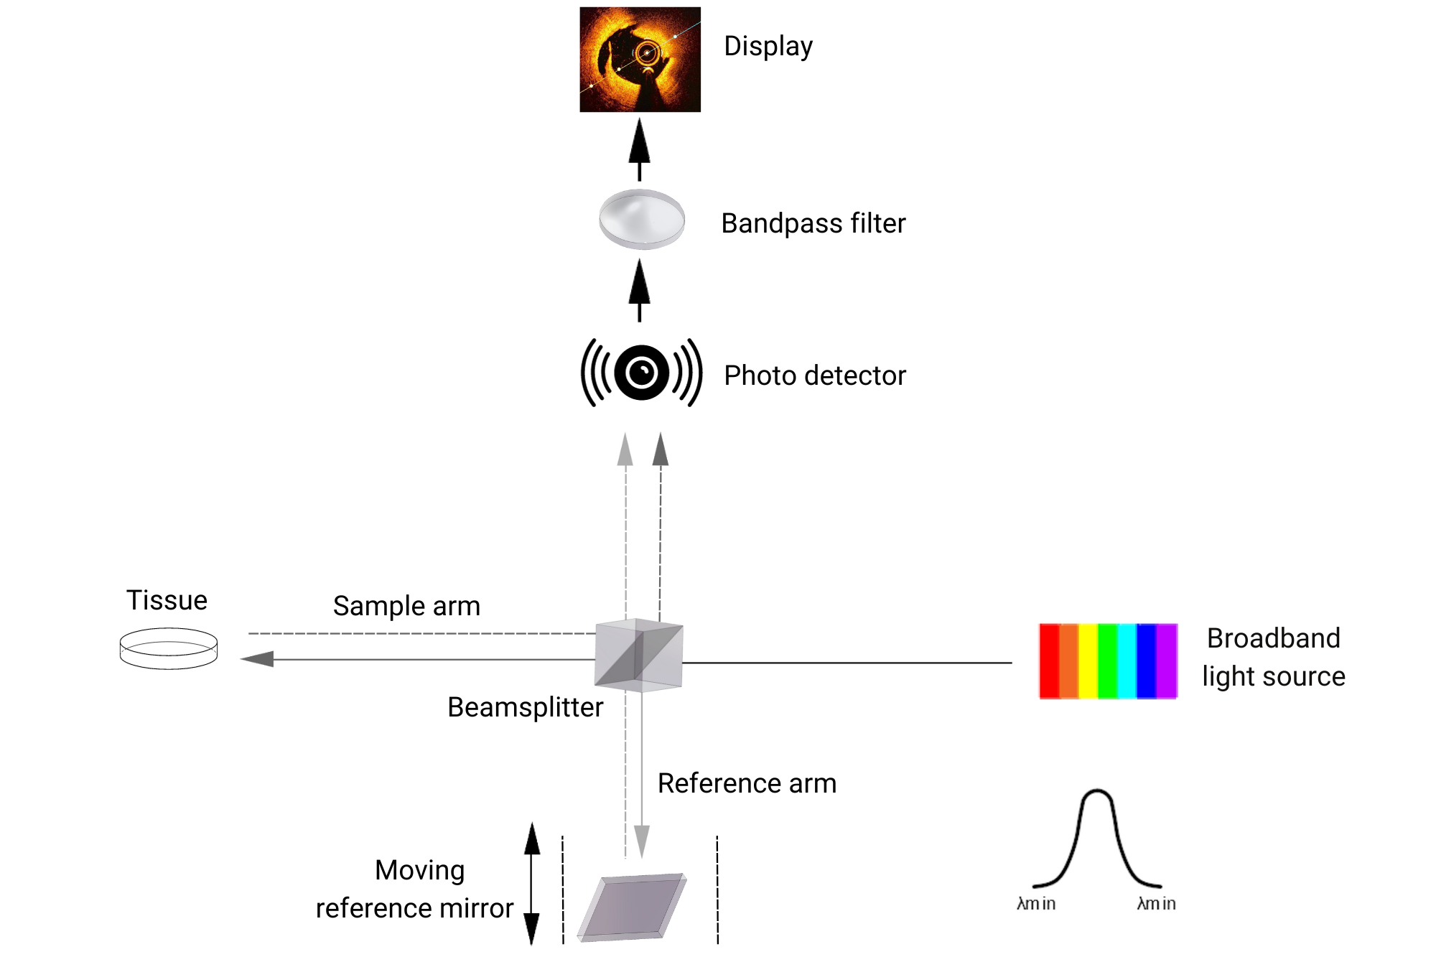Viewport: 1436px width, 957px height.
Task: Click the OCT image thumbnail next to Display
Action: (640, 60)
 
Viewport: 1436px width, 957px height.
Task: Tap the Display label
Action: (768, 47)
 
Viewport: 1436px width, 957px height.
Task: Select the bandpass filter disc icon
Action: (641, 219)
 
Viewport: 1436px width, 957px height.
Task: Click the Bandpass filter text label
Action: (813, 223)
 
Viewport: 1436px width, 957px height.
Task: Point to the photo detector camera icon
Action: (641, 373)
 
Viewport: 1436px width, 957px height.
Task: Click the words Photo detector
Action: (814, 375)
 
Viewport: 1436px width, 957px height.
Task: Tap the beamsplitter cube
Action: (638, 655)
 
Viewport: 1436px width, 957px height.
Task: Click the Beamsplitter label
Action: (525, 707)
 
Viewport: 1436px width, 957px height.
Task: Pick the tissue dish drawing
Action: (168, 648)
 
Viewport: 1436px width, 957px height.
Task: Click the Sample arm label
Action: (406, 606)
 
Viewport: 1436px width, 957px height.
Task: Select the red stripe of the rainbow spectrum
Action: (1049, 660)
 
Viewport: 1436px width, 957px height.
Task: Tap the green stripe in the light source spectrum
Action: (1107, 660)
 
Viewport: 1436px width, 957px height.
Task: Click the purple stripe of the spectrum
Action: (1167, 660)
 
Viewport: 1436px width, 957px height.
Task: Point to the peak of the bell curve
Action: (1096, 793)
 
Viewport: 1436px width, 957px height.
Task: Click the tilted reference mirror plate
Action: (632, 907)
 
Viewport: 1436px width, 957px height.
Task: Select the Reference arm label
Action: (747, 783)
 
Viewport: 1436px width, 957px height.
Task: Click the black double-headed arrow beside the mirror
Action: (531, 883)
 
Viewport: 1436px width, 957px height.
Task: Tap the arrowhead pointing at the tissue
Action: (257, 659)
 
